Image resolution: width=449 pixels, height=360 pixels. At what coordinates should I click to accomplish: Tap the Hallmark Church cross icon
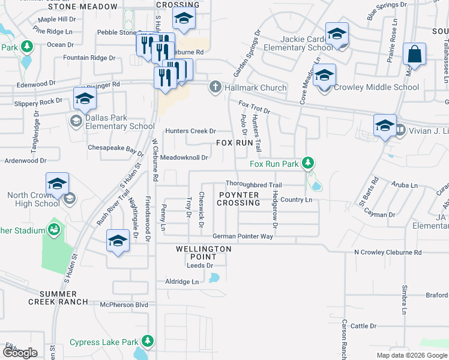[215, 88]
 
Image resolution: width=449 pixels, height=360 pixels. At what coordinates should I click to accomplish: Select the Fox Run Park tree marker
[307, 163]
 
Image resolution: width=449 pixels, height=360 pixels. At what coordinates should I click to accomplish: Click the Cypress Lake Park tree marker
[146, 343]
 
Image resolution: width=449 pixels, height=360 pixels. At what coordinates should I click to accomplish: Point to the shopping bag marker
[414, 55]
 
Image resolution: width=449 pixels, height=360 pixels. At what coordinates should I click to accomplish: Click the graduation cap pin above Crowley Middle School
[324, 76]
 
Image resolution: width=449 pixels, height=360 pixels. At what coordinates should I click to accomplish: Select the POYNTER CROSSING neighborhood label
[238, 199]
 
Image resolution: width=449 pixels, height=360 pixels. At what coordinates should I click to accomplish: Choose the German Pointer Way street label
[243, 236]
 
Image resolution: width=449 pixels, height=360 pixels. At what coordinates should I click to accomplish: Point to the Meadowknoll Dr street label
[184, 158]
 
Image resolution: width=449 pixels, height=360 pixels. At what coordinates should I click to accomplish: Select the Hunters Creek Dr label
[190, 131]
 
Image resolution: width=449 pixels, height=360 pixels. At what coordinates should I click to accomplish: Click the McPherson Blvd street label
[124, 305]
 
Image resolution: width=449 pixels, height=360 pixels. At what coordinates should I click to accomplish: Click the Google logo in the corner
[19, 353]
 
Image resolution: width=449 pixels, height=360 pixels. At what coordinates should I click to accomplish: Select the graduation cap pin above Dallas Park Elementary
[85, 98]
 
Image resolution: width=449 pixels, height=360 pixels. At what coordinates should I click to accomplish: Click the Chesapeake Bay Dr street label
[116, 147]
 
